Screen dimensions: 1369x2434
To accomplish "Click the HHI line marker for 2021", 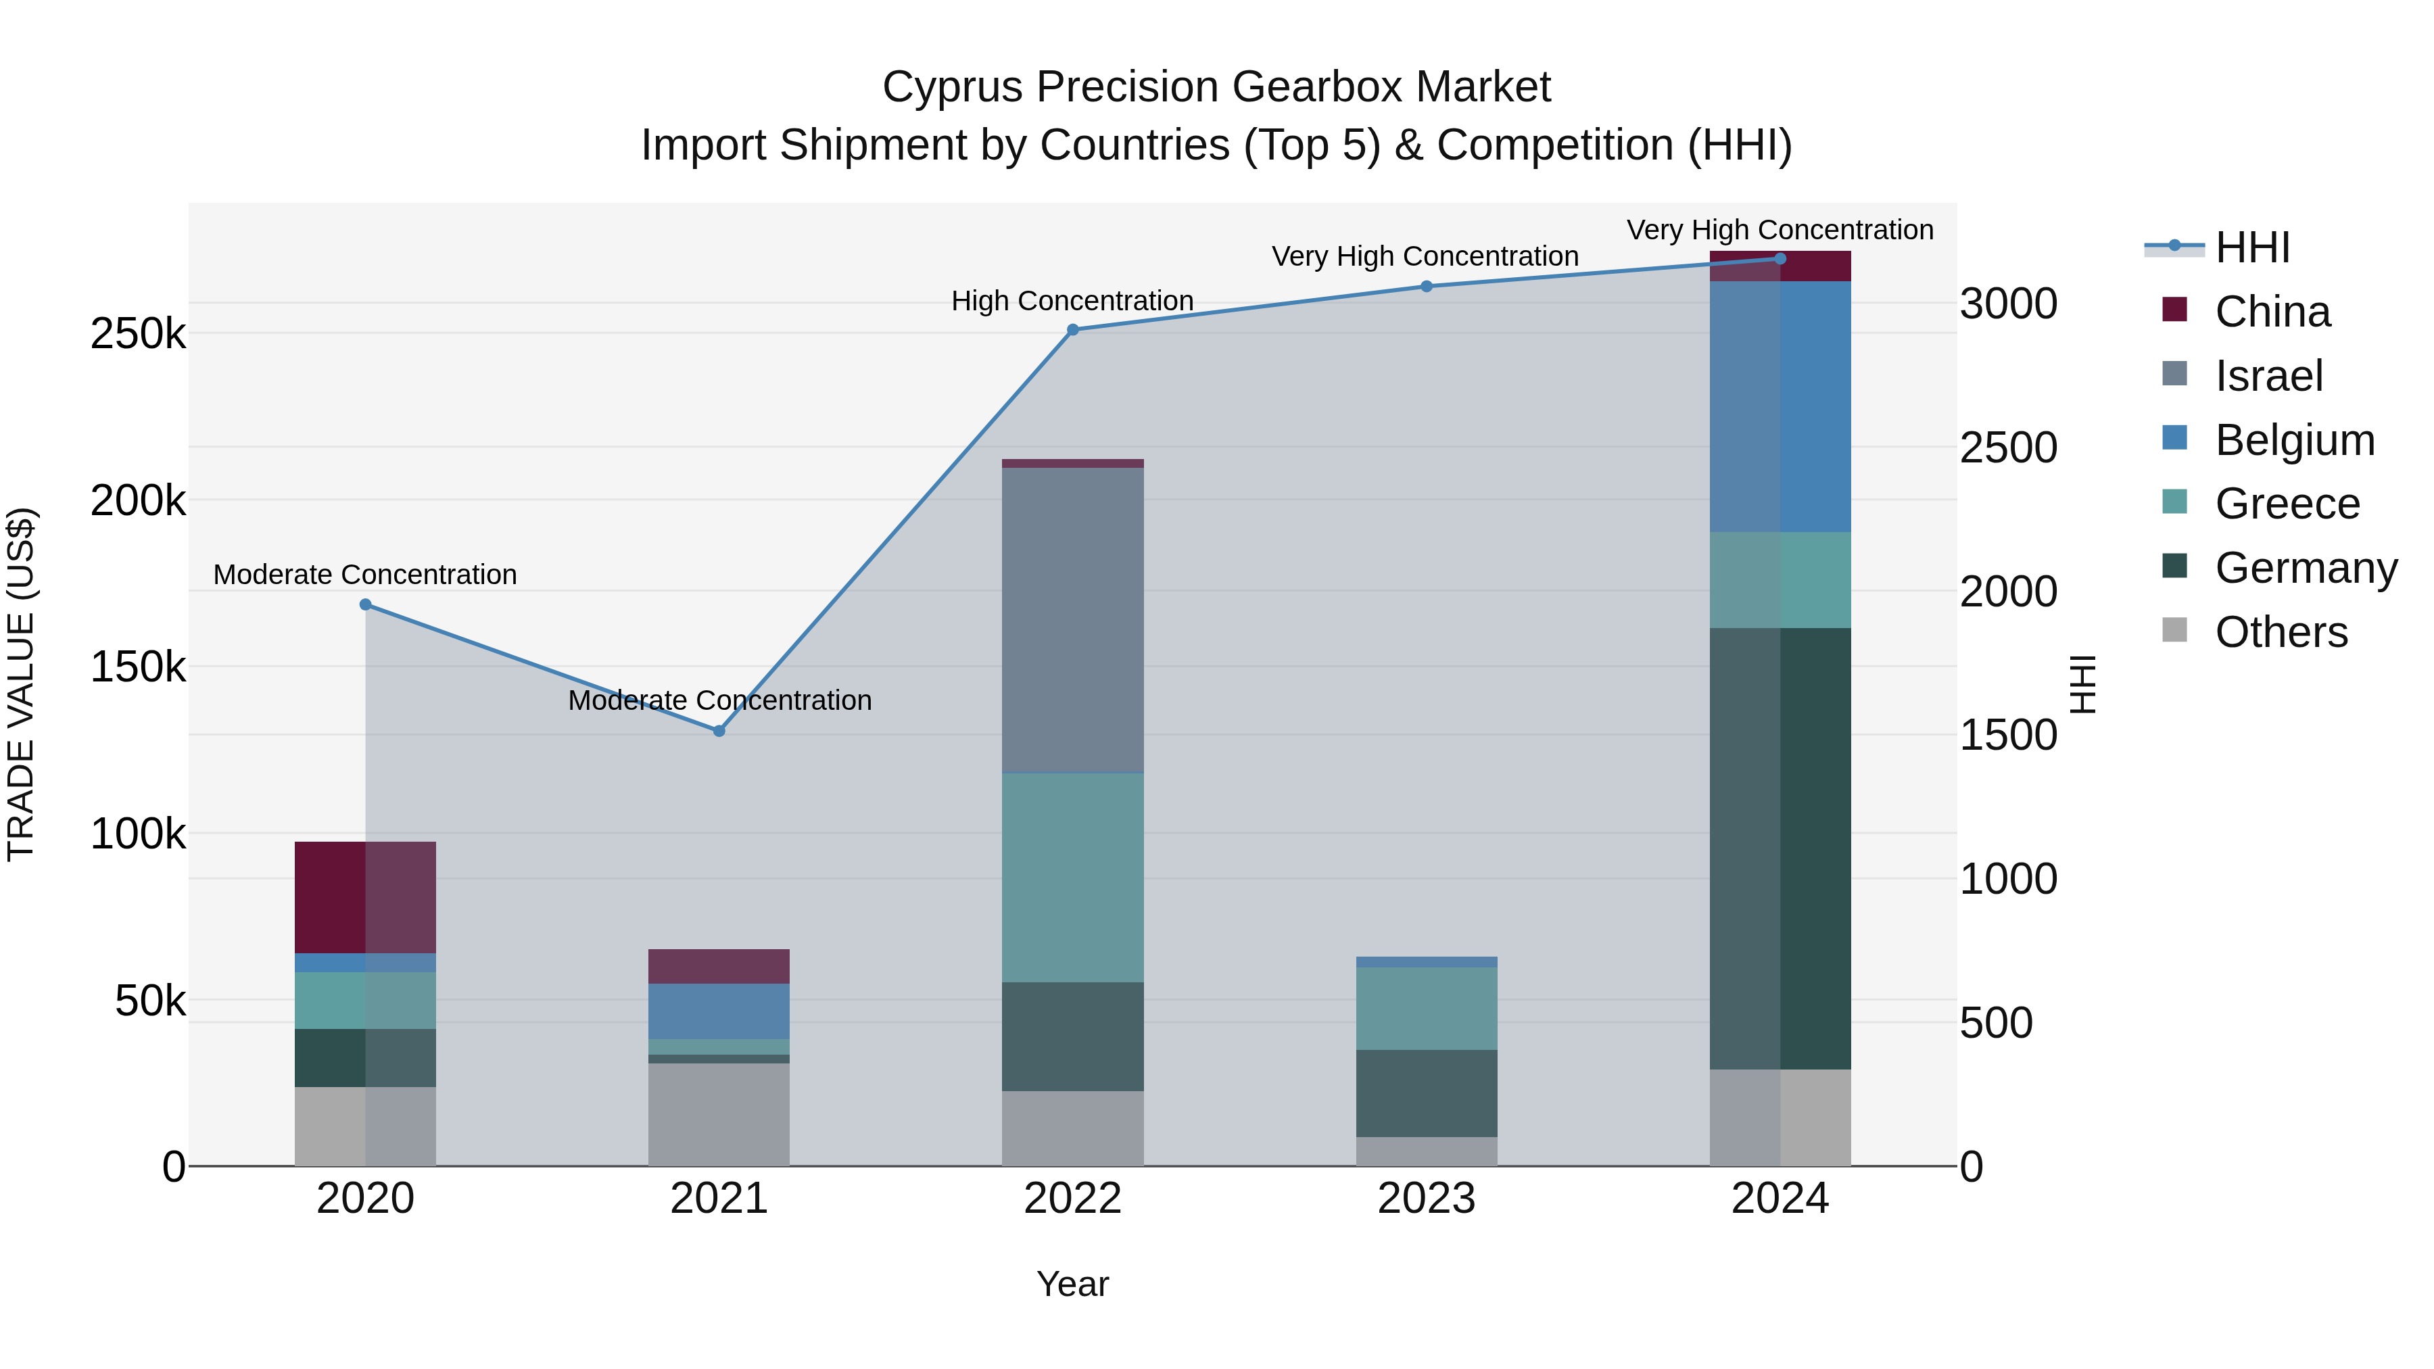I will (x=719, y=730).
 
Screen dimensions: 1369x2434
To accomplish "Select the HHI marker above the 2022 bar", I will (x=1072, y=330).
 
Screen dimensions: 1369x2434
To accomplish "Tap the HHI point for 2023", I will (x=1427, y=286).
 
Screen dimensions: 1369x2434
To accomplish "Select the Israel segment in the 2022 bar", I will (x=1072, y=620).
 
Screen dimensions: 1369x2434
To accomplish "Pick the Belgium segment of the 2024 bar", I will (x=1780, y=406).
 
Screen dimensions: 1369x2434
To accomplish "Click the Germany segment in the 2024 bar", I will (x=1780, y=848).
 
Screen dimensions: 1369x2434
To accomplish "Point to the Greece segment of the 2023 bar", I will (x=1427, y=1008).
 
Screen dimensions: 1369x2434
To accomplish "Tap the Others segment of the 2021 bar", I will (x=719, y=1114).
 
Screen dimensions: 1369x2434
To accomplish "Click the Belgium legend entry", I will (x=2294, y=440).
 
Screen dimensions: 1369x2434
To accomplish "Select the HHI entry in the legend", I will (x=2251, y=247).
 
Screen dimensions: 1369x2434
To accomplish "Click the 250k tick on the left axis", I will (x=138, y=333).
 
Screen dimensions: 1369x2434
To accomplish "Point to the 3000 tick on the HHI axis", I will (x=2008, y=304).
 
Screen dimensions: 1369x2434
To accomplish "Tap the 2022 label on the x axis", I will (x=1072, y=1199).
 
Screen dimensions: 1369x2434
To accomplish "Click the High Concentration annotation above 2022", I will (x=1072, y=300).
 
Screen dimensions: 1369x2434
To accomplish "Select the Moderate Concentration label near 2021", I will (x=719, y=700).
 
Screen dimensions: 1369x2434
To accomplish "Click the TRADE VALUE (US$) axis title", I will (x=21, y=684).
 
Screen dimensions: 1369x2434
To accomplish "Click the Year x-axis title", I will (x=1072, y=1284).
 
